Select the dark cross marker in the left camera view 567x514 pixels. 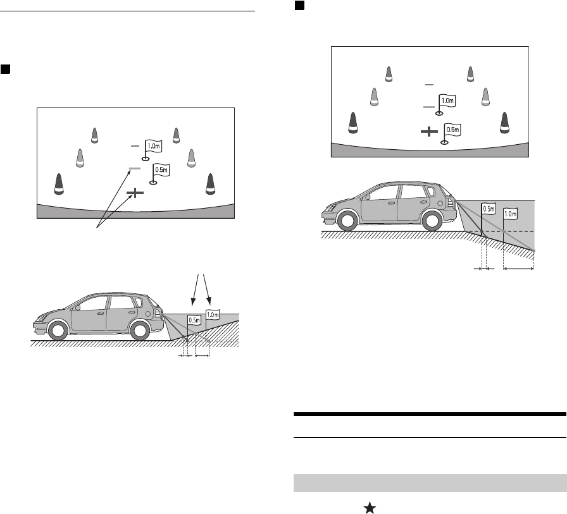tap(134, 192)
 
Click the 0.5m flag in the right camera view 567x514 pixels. tap(452, 130)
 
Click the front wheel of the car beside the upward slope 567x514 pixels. tap(57, 331)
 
